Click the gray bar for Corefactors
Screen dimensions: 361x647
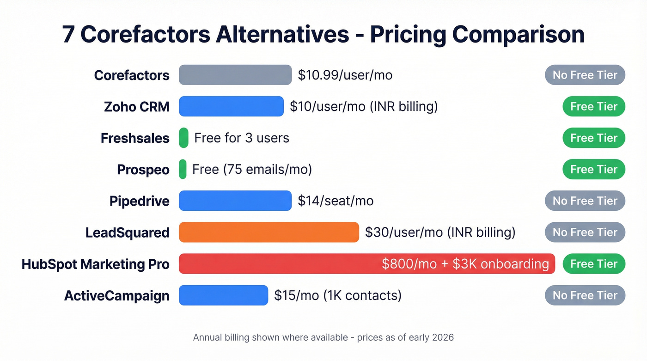(x=235, y=75)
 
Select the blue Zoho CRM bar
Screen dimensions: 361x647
(x=231, y=106)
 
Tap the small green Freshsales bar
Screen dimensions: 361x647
(x=183, y=138)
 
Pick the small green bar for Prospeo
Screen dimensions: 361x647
(x=183, y=169)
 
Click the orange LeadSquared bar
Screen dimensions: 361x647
(x=269, y=232)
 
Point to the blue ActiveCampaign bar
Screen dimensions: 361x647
(x=223, y=295)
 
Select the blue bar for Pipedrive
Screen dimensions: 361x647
(x=235, y=201)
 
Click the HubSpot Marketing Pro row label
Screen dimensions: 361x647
(x=95, y=264)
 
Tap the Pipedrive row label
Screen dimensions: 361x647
(x=139, y=201)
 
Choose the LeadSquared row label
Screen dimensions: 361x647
(x=127, y=233)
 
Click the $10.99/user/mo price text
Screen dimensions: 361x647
(x=345, y=75)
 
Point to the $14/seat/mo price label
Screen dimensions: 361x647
(x=336, y=201)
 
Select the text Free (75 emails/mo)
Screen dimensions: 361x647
(x=252, y=170)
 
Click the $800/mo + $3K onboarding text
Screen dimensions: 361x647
(x=465, y=264)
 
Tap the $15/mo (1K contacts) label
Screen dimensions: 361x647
(x=337, y=295)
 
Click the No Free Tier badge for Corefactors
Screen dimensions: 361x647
(x=585, y=75)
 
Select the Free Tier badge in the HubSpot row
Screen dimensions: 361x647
(x=593, y=264)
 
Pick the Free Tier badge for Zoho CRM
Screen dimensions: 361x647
(x=593, y=106)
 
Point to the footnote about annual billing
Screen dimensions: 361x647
(x=323, y=337)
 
